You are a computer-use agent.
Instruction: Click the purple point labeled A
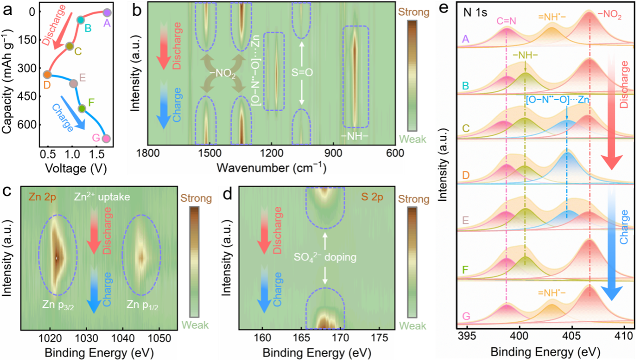tap(107, 12)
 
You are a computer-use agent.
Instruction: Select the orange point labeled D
tap(47, 74)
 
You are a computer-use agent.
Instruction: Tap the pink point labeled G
tap(107, 138)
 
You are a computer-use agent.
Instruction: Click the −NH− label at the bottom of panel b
tap(355, 136)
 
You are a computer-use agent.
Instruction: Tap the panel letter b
tap(137, 10)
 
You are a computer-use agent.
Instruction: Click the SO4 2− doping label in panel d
tap(325, 257)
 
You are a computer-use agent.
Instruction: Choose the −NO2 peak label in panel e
tap(609, 16)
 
